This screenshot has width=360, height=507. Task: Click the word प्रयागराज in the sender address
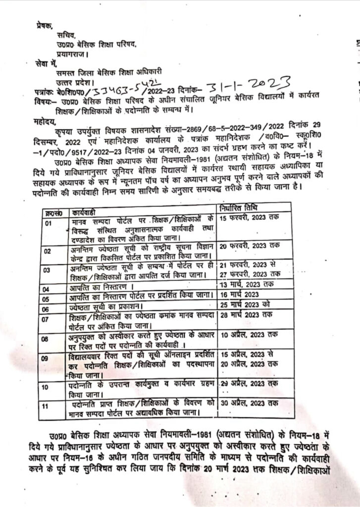tap(73, 53)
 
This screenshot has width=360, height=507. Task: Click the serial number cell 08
tap(48, 340)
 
